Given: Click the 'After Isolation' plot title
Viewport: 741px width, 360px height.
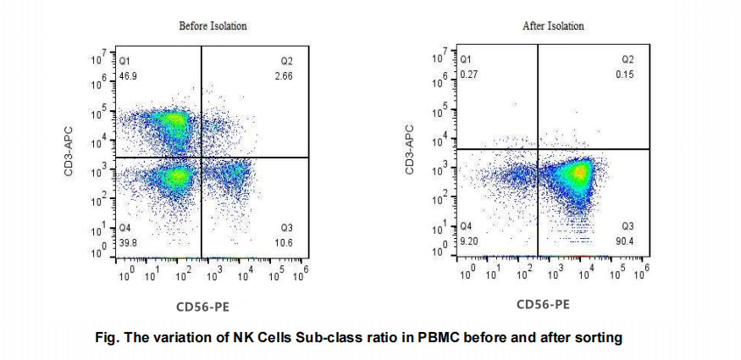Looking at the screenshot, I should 553,26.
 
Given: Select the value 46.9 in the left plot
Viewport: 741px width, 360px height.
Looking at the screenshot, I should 128,76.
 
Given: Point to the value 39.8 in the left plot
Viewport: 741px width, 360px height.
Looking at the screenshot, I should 128,242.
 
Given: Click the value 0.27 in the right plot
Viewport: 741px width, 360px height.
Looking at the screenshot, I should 468,75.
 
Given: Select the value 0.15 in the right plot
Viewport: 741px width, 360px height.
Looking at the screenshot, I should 625,75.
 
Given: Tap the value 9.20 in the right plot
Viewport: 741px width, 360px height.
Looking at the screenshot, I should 468,241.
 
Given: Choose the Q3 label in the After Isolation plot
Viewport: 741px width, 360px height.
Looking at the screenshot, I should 628,226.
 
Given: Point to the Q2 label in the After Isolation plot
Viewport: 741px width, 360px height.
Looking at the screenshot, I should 628,60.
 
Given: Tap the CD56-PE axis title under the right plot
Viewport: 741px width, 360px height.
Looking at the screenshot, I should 543,304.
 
